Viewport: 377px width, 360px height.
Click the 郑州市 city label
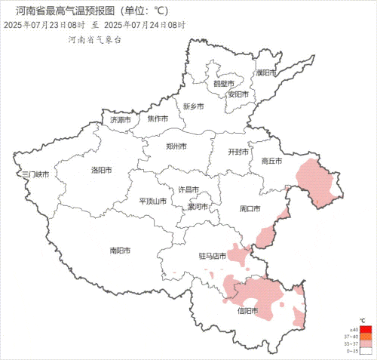click(177, 146)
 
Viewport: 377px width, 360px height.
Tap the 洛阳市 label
click(102, 170)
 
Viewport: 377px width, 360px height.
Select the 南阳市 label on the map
click(120, 250)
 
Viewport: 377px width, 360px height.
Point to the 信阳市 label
click(247, 310)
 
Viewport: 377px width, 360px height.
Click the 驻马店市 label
click(213, 256)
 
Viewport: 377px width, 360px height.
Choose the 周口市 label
click(250, 208)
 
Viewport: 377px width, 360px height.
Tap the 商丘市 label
click(271, 161)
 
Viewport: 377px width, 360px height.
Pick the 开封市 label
click(238, 152)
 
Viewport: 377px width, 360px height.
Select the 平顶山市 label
click(153, 202)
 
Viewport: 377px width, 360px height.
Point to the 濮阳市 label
click(266, 73)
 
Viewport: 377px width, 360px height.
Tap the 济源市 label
click(121, 119)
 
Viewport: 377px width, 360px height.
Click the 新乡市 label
click(194, 106)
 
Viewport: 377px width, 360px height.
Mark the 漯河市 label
click(198, 206)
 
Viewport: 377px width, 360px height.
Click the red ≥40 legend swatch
click(366, 331)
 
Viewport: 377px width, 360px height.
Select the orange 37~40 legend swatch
click(366, 337)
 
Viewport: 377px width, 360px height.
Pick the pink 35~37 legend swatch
click(366, 343)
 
